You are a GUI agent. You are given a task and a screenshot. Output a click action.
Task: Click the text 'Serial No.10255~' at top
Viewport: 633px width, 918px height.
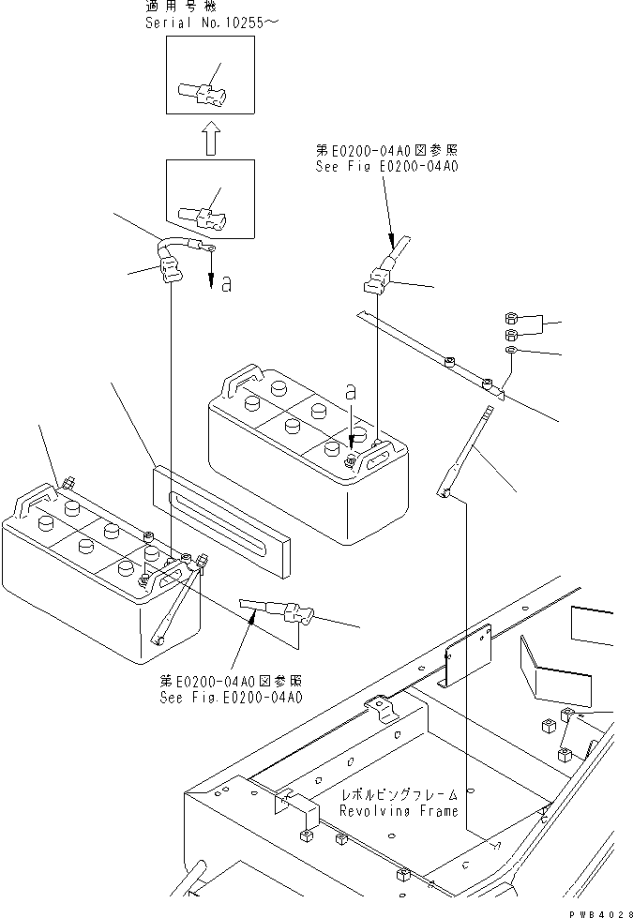[x=199, y=22]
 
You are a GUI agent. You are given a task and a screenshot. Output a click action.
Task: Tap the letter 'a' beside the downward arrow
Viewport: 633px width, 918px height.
[x=226, y=284]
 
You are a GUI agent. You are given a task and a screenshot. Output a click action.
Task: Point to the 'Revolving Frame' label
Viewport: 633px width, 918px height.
[x=399, y=810]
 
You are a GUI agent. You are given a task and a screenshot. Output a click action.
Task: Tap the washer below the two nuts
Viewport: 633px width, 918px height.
[x=512, y=350]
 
